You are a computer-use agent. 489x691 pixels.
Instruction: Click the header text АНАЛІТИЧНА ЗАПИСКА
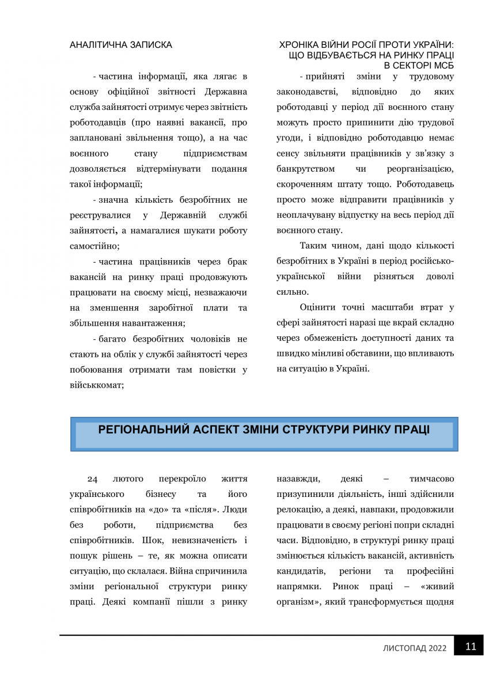[x=120, y=44]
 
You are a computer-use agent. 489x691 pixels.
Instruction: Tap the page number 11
[x=471, y=646]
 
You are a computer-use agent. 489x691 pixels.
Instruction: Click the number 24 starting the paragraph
[x=93, y=479]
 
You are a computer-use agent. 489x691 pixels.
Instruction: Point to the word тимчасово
[x=431, y=479]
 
